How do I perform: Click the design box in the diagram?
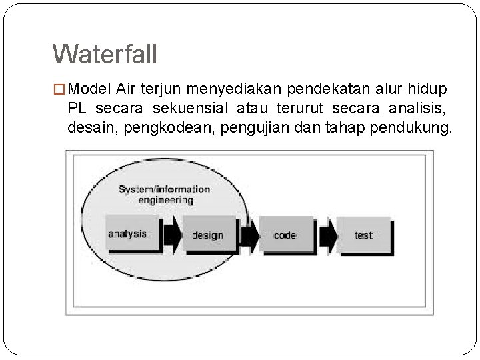[207, 235]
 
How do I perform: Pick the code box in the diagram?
[285, 235]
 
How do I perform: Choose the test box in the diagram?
[363, 235]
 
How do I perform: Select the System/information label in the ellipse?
[164, 189]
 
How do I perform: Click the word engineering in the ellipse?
[165, 199]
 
